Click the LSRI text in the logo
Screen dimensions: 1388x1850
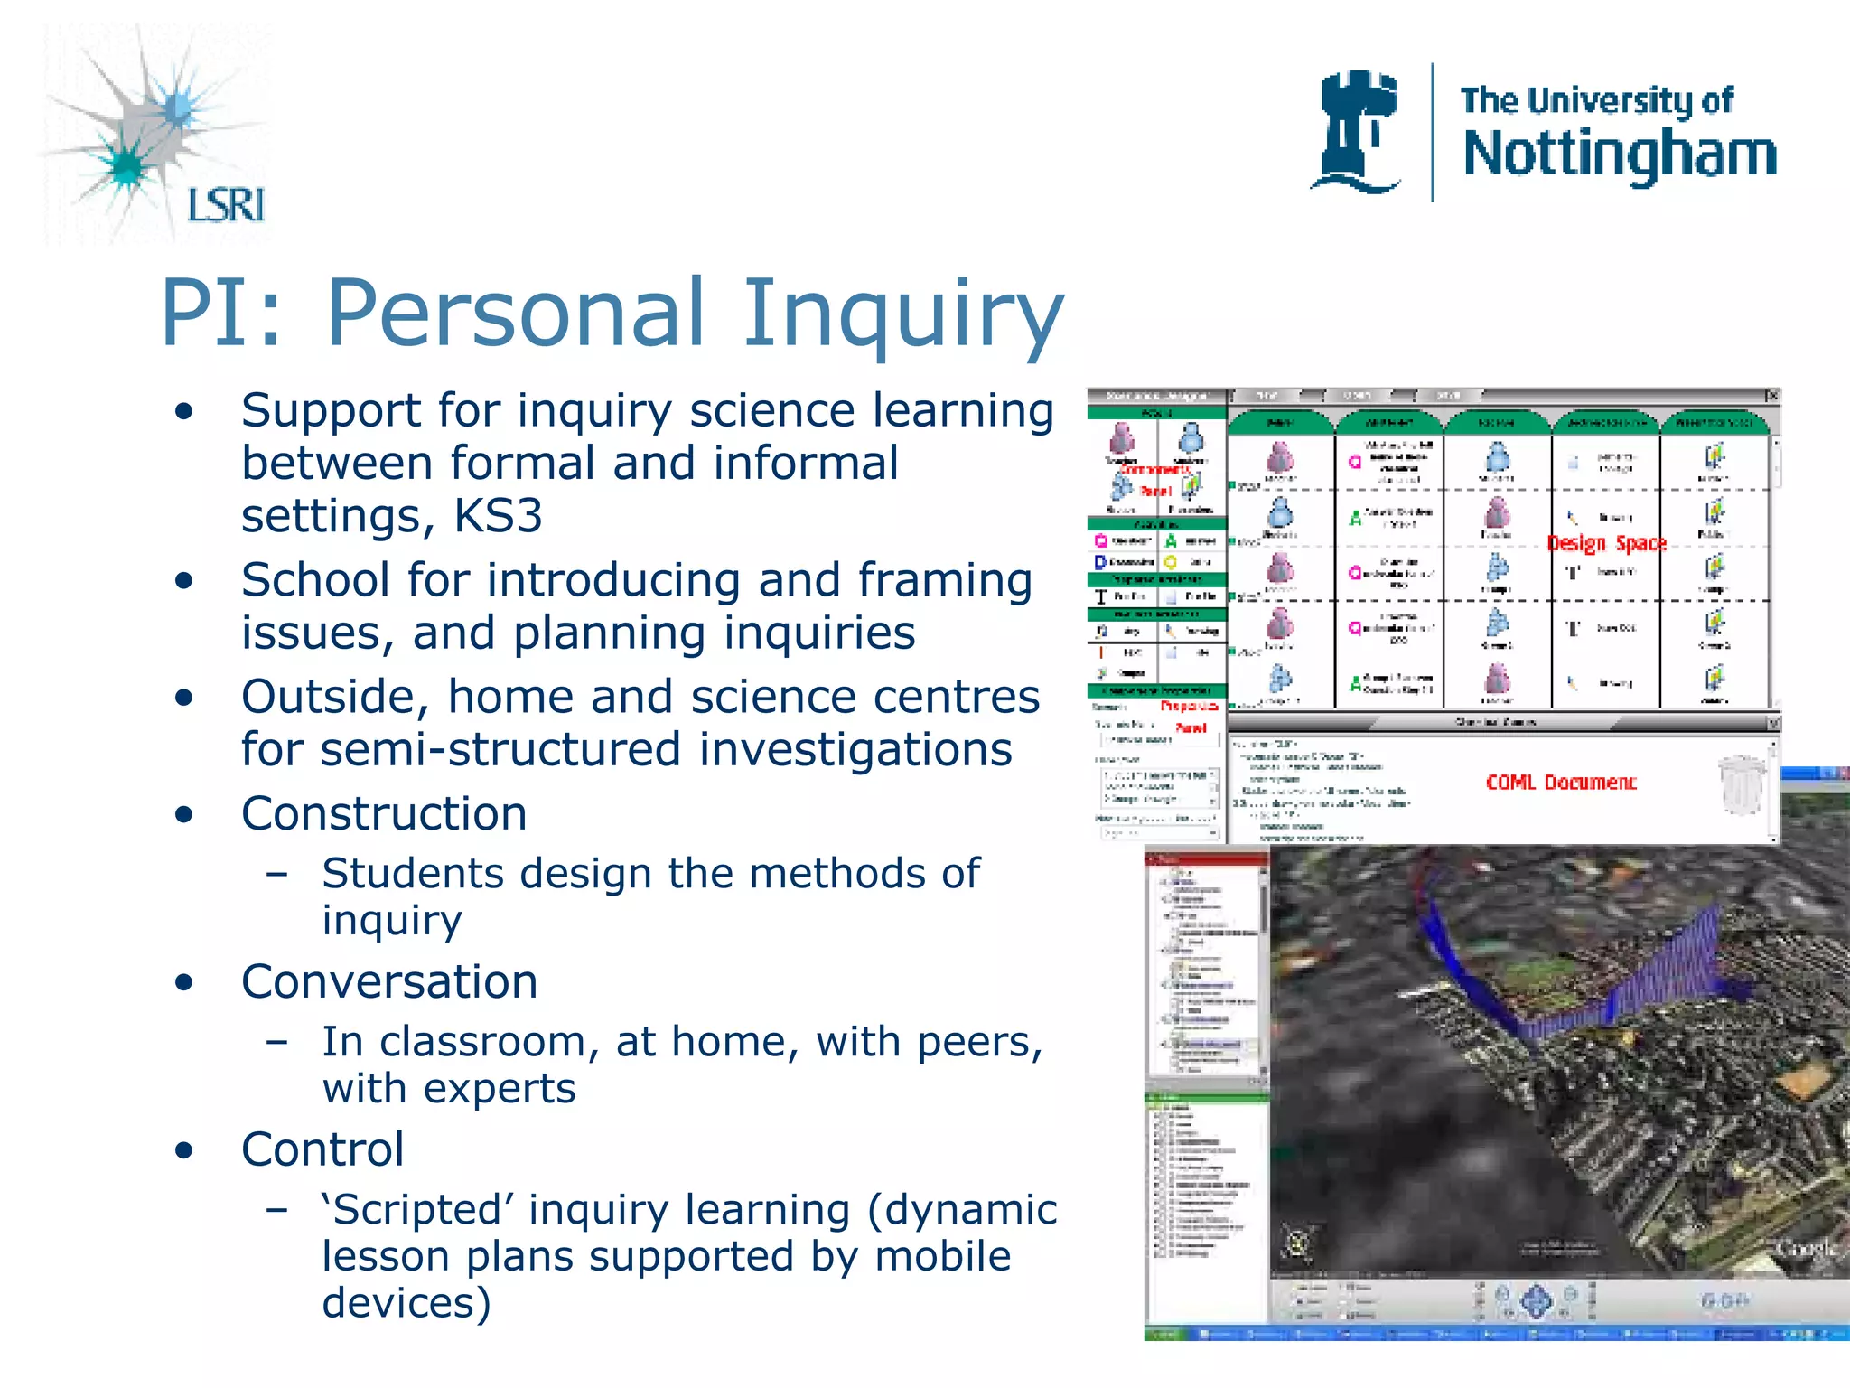[x=226, y=205]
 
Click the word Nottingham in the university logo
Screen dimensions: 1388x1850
[x=1619, y=155]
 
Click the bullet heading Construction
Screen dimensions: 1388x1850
[x=384, y=813]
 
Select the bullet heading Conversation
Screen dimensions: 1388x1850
[x=389, y=981]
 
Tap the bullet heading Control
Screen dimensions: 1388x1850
[x=322, y=1149]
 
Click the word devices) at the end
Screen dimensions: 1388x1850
[x=406, y=1303]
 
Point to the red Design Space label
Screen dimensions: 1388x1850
[x=1606, y=543]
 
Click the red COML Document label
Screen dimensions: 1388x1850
[x=1560, y=783]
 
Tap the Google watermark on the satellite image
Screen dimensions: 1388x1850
[x=1805, y=1250]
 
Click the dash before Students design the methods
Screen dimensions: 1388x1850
[x=277, y=874]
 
